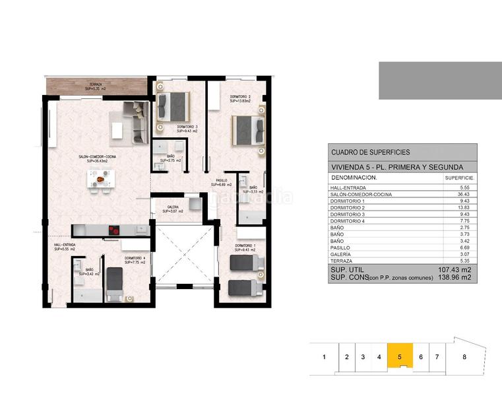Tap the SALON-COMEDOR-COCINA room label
(x=98, y=158)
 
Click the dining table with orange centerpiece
(x=100, y=178)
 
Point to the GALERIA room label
(x=172, y=209)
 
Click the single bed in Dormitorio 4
(x=115, y=282)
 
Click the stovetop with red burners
(x=115, y=230)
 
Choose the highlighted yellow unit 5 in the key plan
(x=400, y=357)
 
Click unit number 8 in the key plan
(x=464, y=357)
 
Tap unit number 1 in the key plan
(x=324, y=357)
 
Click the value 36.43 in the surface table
(x=460, y=195)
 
